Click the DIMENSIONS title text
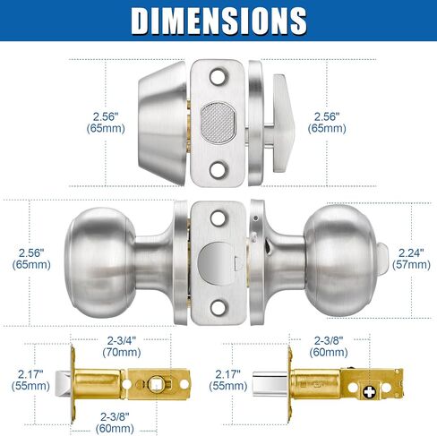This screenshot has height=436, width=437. tap(218, 21)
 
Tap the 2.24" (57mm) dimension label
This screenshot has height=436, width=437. tap(411, 259)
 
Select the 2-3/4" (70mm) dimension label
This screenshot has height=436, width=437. tap(122, 346)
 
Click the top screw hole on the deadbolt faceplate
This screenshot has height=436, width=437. tap(217, 76)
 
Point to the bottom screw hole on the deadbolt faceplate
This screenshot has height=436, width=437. tap(217, 169)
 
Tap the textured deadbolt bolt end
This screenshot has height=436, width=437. tap(218, 123)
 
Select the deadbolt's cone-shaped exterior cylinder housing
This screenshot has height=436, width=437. tap(162, 123)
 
